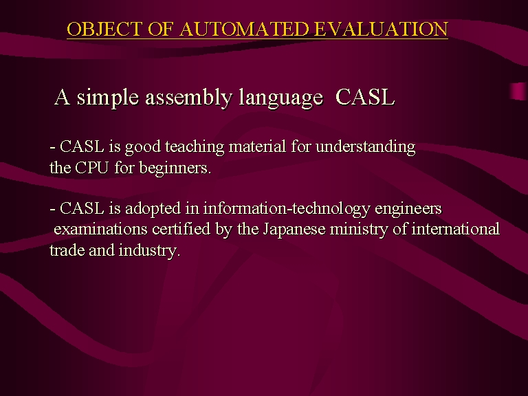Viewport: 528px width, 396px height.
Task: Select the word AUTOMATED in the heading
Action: (244, 29)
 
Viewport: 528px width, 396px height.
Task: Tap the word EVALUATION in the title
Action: (381, 29)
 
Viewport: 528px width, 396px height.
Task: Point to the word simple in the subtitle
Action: (108, 98)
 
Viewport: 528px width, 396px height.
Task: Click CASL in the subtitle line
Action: (365, 97)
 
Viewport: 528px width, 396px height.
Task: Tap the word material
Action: (257, 147)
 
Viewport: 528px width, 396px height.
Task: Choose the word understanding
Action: (366, 148)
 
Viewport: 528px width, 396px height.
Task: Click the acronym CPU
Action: (92, 167)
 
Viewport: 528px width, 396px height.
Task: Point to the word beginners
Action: (175, 168)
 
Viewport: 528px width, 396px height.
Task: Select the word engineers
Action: (408, 209)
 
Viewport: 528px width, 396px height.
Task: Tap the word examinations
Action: (100, 230)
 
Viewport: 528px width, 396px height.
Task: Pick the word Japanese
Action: (294, 230)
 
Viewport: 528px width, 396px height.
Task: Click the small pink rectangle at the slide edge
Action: (519, 91)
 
